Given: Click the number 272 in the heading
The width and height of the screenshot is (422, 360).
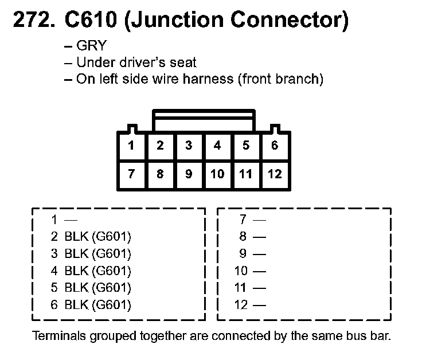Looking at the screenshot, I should pyautogui.click(x=32, y=21).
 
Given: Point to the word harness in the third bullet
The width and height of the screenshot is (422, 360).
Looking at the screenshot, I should pyautogui.click(x=206, y=79).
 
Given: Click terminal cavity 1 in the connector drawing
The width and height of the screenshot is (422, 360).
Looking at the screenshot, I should pyautogui.click(x=131, y=146).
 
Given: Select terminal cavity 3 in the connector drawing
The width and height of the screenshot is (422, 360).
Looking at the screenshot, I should pyautogui.click(x=189, y=146).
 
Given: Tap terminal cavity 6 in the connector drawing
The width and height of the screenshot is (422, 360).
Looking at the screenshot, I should pyautogui.click(x=275, y=146).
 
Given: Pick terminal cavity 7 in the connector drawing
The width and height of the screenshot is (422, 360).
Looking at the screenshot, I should pyautogui.click(x=131, y=174).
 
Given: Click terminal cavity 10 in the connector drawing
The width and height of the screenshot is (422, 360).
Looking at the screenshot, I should pyautogui.click(x=217, y=174).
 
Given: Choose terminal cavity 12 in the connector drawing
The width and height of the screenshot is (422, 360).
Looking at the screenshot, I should pyautogui.click(x=275, y=174).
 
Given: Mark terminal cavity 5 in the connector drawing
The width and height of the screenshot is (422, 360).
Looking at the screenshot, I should pyautogui.click(x=246, y=146).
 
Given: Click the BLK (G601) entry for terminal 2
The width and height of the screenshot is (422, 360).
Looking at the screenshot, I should pyautogui.click(x=97, y=236).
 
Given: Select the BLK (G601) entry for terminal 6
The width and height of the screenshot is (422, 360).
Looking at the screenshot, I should pyautogui.click(x=97, y=305).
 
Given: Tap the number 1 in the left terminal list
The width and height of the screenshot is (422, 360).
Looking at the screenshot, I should pyautogui.click(x=54, y=219).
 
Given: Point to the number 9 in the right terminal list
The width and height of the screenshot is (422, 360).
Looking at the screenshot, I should pyautogui.click(x=243, y=253).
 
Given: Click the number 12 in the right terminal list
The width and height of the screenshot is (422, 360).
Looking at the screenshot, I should pyautogui.click(x=241, y=305).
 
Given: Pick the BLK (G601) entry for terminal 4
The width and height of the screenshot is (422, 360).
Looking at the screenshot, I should pyautogui.click(x=97, y=271).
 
